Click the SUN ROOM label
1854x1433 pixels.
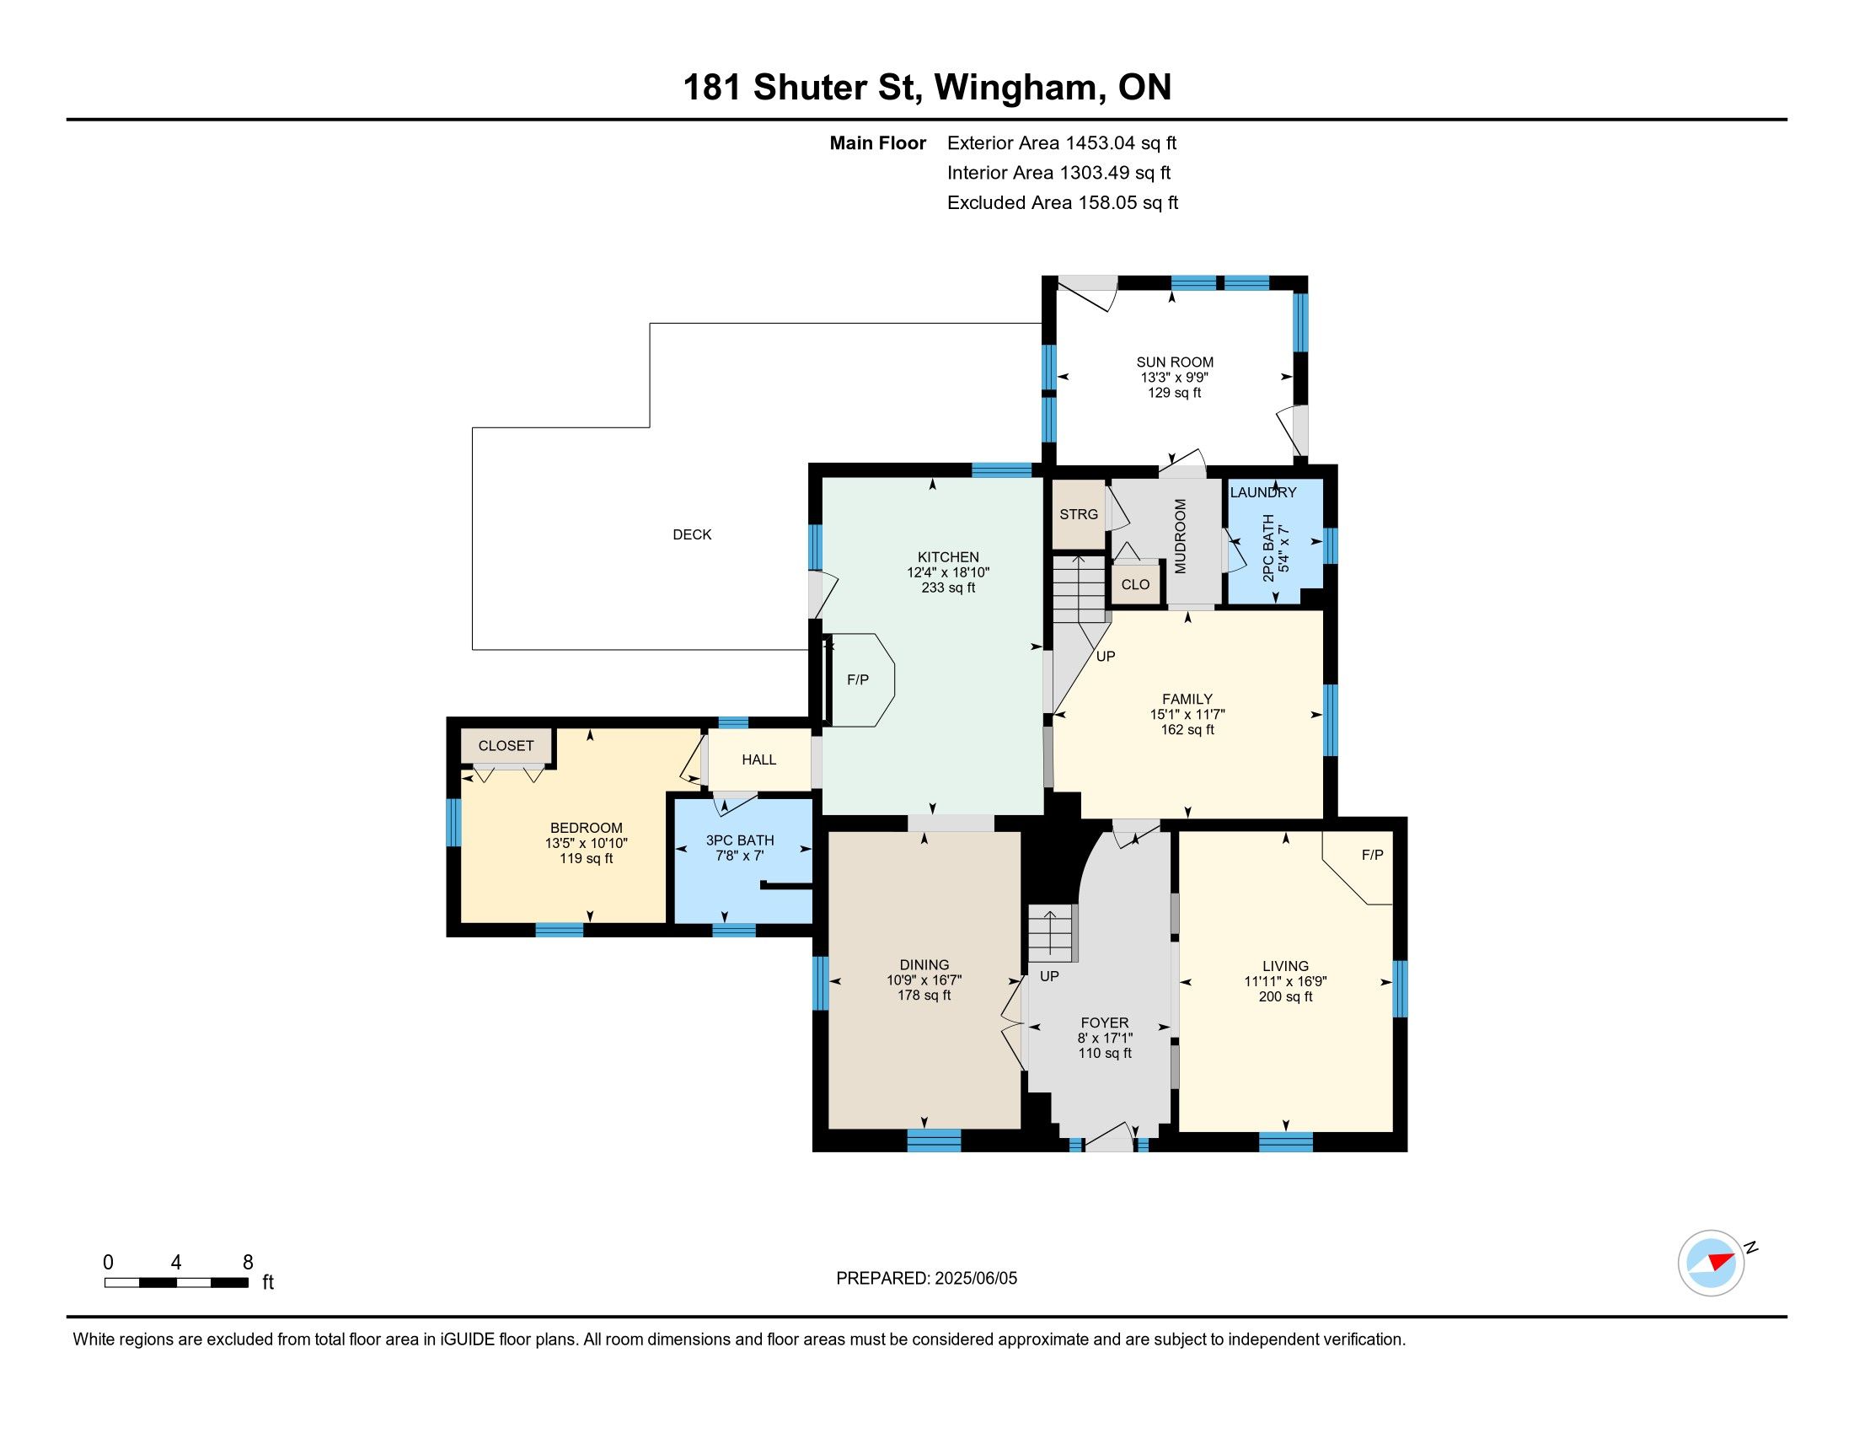coord(1175,362)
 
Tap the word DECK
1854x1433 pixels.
coord(692,534)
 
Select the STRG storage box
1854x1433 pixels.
coord(1079,514)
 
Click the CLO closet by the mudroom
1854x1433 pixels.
coord(1135,583)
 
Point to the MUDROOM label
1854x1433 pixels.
coord(1180,536)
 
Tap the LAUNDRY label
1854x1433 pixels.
coord(1263,492)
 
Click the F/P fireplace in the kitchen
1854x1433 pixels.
coord(858,679)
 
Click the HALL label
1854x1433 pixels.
coord(759,759)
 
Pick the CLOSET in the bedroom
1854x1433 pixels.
coord(506,746)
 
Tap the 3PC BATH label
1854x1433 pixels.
coord(740,840)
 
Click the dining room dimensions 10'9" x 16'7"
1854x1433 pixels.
coord(924,979)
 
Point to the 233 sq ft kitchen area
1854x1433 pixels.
coord(948,588)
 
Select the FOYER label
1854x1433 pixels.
coord(1106,1023)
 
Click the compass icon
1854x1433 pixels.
coord(1712,1263)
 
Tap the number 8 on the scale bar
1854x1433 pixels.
coord(248,1262)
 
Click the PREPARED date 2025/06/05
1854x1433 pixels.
coord(974,1278)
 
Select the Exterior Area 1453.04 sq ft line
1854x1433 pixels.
coord(1062,142)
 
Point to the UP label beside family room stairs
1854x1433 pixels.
coord(1106,656)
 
